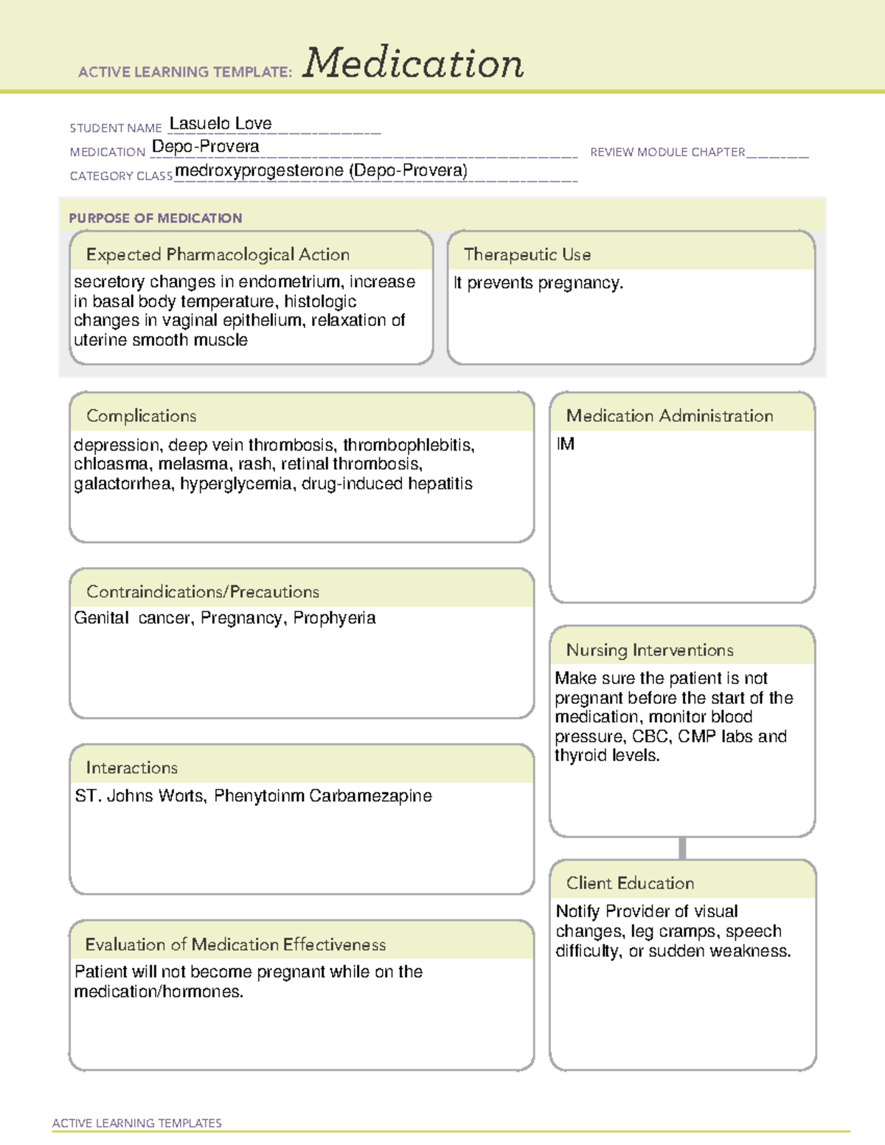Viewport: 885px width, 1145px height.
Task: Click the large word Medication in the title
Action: pyautogui.click(x=413, y=63)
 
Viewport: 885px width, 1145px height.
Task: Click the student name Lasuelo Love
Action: pyautogui.click(x=221, y=124)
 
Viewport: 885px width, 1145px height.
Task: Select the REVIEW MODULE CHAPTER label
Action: pyautogui.click(x=667, y=152)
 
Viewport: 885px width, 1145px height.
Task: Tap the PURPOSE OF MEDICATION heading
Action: pyautogui.click(x=156, y=218)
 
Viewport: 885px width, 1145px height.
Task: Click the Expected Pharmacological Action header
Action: pyautogui.click(x=218, y=254)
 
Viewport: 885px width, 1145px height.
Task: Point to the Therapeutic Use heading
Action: pyautogui.click(x=527, y=254)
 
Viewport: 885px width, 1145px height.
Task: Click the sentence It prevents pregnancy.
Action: pyautogui.click(x=538, y=283)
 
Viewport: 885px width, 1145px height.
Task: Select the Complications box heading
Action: pyautogui.click(x=141, y=416)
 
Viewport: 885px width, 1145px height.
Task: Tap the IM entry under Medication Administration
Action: pyautogui.click(x=566, y=444)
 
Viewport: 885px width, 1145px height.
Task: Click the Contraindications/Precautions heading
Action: pyautogui.click(x=203, y=591)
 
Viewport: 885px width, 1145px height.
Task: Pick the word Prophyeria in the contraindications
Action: pyautogui.click(x=334, y=618)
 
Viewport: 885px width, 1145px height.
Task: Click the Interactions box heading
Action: pyautogui.click(x=131, y=768)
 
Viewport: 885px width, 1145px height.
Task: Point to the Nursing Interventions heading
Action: pyautogui.click(x=650, y=650)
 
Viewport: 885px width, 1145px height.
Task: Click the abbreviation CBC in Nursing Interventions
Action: pyautogui.click(x=650, y=737)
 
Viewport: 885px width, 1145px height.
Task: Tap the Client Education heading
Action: pyautogui.click(x=630, y=883)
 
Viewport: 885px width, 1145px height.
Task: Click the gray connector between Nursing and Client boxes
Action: pyautogui.click(x=682, y=848)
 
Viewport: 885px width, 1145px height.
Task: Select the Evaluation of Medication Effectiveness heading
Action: pyautogui.click(x=235, y=944)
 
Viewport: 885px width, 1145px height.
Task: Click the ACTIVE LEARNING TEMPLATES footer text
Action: pyautogui.click(x=137, y=1123)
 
